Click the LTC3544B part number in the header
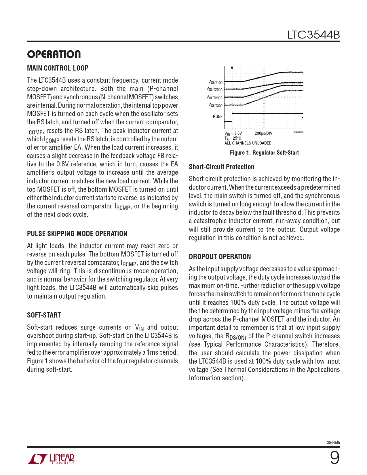(x=313, y=35)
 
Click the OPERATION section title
(x=54, y=54)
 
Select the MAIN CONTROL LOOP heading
(x=58, y=68)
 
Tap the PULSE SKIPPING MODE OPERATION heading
(x=77, y=233)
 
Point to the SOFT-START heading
(x=44, y=315)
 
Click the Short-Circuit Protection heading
(x=221, y=167)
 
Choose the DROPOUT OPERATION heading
(x=220, y=256)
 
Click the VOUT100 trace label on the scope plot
(x=215, y=83)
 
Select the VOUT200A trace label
(x=214, y=90)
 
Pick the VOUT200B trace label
(x=214, y=98)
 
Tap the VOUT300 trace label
(x=215, y=105)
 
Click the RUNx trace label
(x=218, y=117)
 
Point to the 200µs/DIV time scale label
(x=263, y=133)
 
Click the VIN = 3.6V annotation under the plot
(x=233, y=133)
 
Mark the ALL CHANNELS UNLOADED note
(x=248, y=143)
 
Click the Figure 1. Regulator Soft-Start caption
(x=264, y=153)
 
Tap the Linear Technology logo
(x=51, y=459)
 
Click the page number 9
(x=334, y=458)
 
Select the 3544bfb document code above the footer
(x=333, y=442)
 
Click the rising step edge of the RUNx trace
(x=232, y=117)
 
